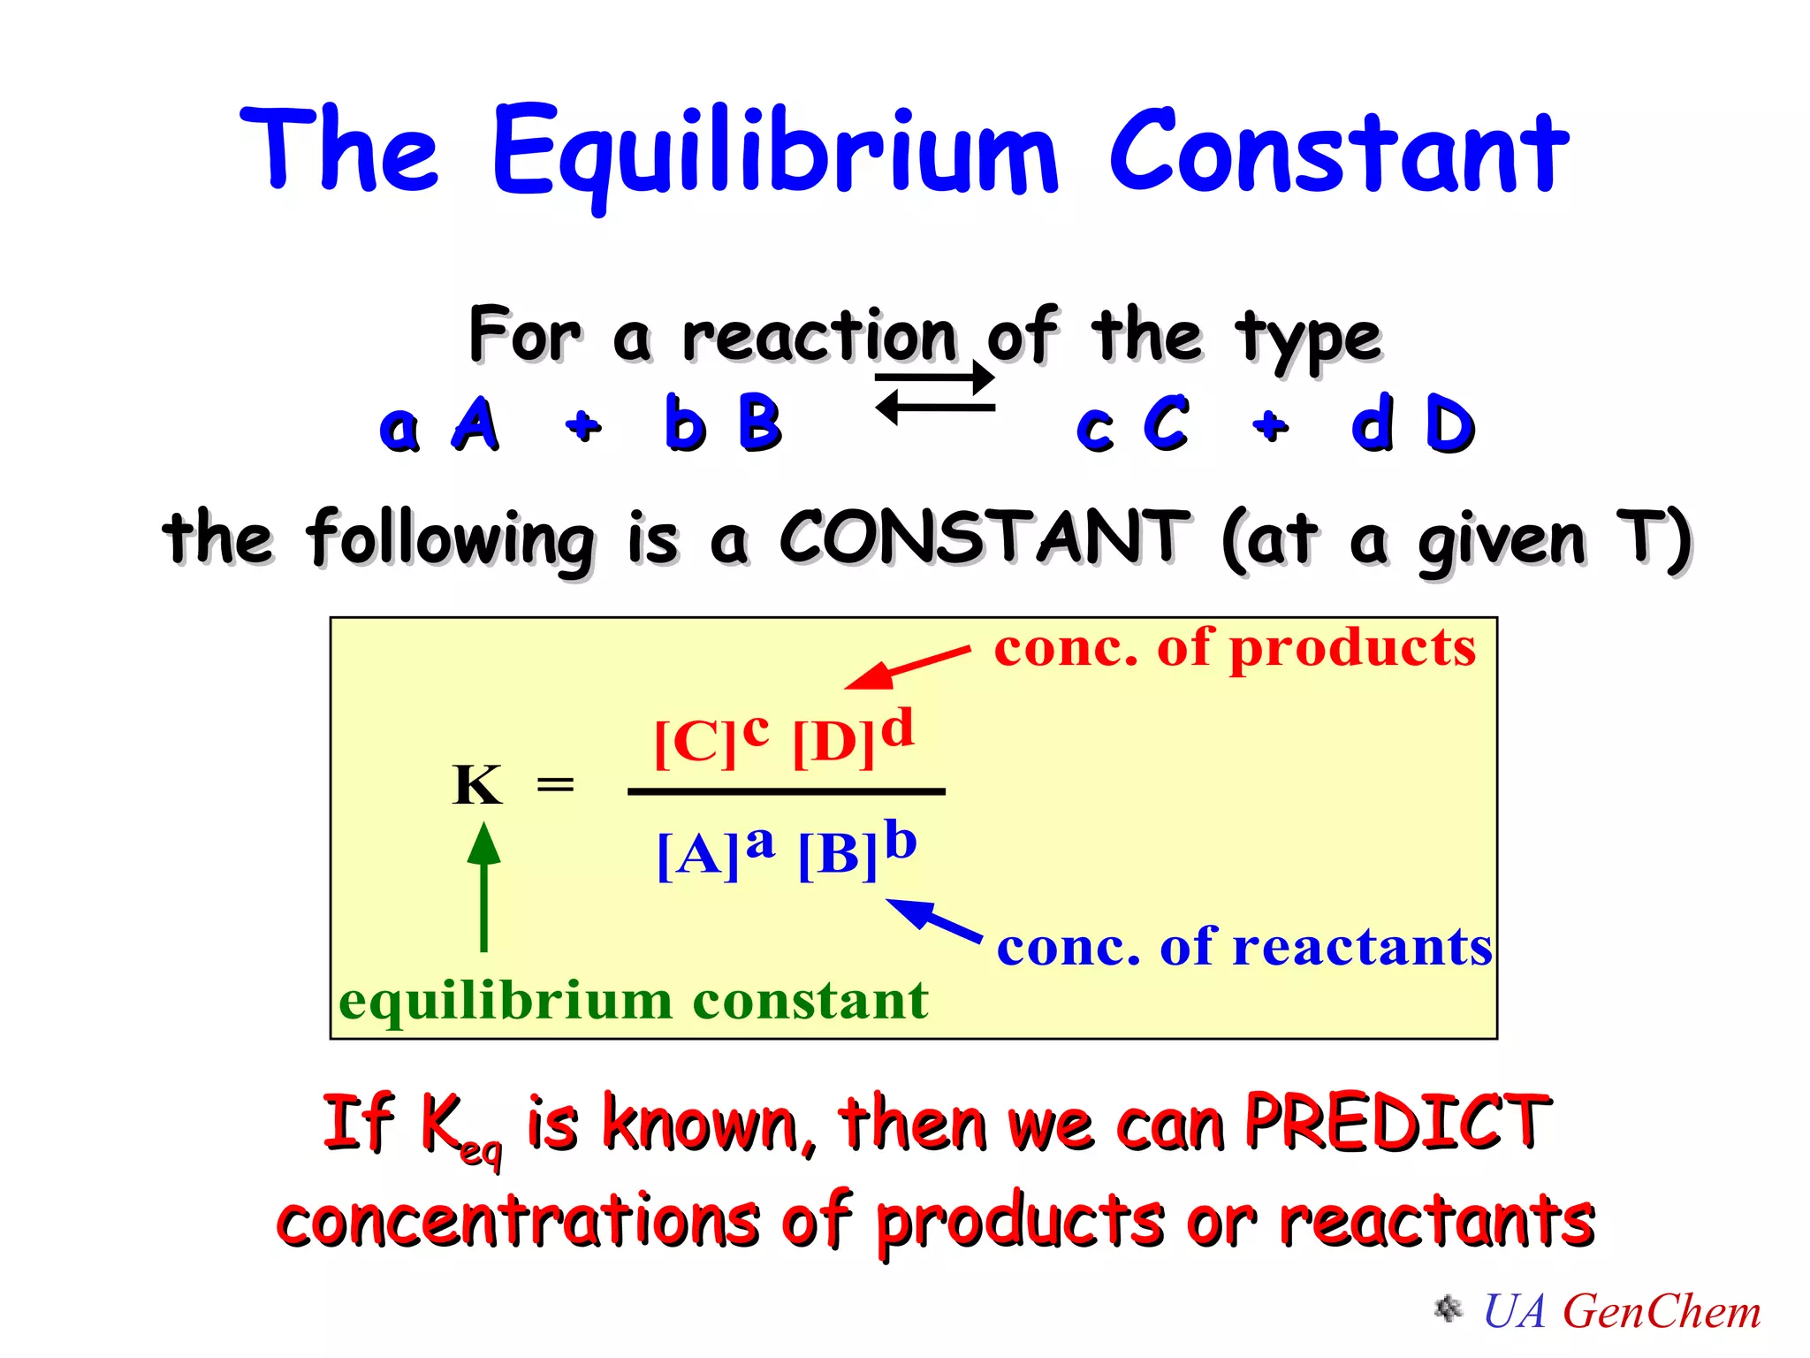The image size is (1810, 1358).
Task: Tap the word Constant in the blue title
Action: click(x=1338, y=152)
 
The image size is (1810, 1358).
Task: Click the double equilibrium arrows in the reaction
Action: click(x=935, y=393)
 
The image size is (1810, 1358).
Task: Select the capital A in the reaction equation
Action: click(x=475, y=424)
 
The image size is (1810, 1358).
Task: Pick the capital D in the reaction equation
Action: click(x=1449, y=424)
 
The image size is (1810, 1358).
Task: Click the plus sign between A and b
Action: click(x=583, y=425)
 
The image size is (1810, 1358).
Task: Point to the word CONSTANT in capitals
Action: click(x=984, y=538)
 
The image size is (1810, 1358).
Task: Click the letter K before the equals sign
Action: click(x=477, y=785)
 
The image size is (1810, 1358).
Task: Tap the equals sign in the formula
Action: click(x=555, y=784)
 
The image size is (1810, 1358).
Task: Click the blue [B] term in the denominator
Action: click(x=838, y=854)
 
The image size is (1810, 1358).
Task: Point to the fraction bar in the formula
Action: click(x=786, y=792)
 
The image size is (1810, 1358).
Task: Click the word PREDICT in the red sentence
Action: click(x=1396, y=1123)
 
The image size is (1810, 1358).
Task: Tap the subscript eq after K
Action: click(x=482, y=1153)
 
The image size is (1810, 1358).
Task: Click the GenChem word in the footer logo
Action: click(x=1662, y=1311)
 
